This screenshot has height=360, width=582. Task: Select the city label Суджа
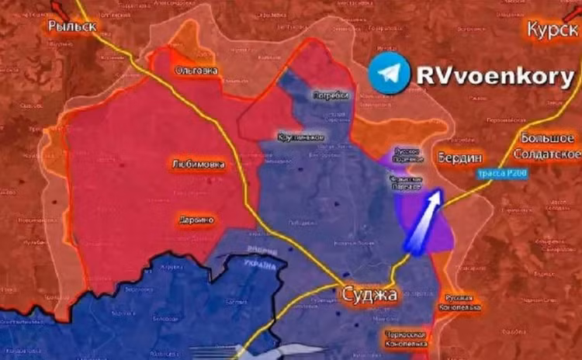369,295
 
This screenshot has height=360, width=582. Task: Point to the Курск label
553,29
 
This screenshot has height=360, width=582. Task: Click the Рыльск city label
71,26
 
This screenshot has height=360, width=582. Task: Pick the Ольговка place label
196,70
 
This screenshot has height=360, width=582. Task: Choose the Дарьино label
196,220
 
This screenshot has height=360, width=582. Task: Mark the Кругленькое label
300,137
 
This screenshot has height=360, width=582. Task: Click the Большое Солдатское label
549,145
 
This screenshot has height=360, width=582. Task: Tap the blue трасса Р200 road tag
502,174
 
